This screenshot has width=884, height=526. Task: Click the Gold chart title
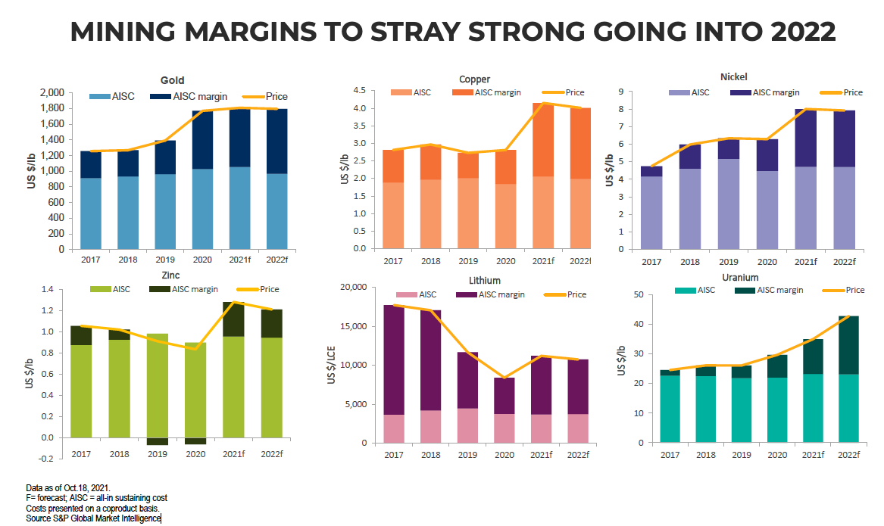[x=172, y=80]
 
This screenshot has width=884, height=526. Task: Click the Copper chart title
[x=474, y=79]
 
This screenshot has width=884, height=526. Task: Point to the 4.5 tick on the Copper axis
[x=359, y=91]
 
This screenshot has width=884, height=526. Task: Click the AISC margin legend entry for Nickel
[x=765, y=92]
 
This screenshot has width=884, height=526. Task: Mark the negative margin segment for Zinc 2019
[x=158, y=441]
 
